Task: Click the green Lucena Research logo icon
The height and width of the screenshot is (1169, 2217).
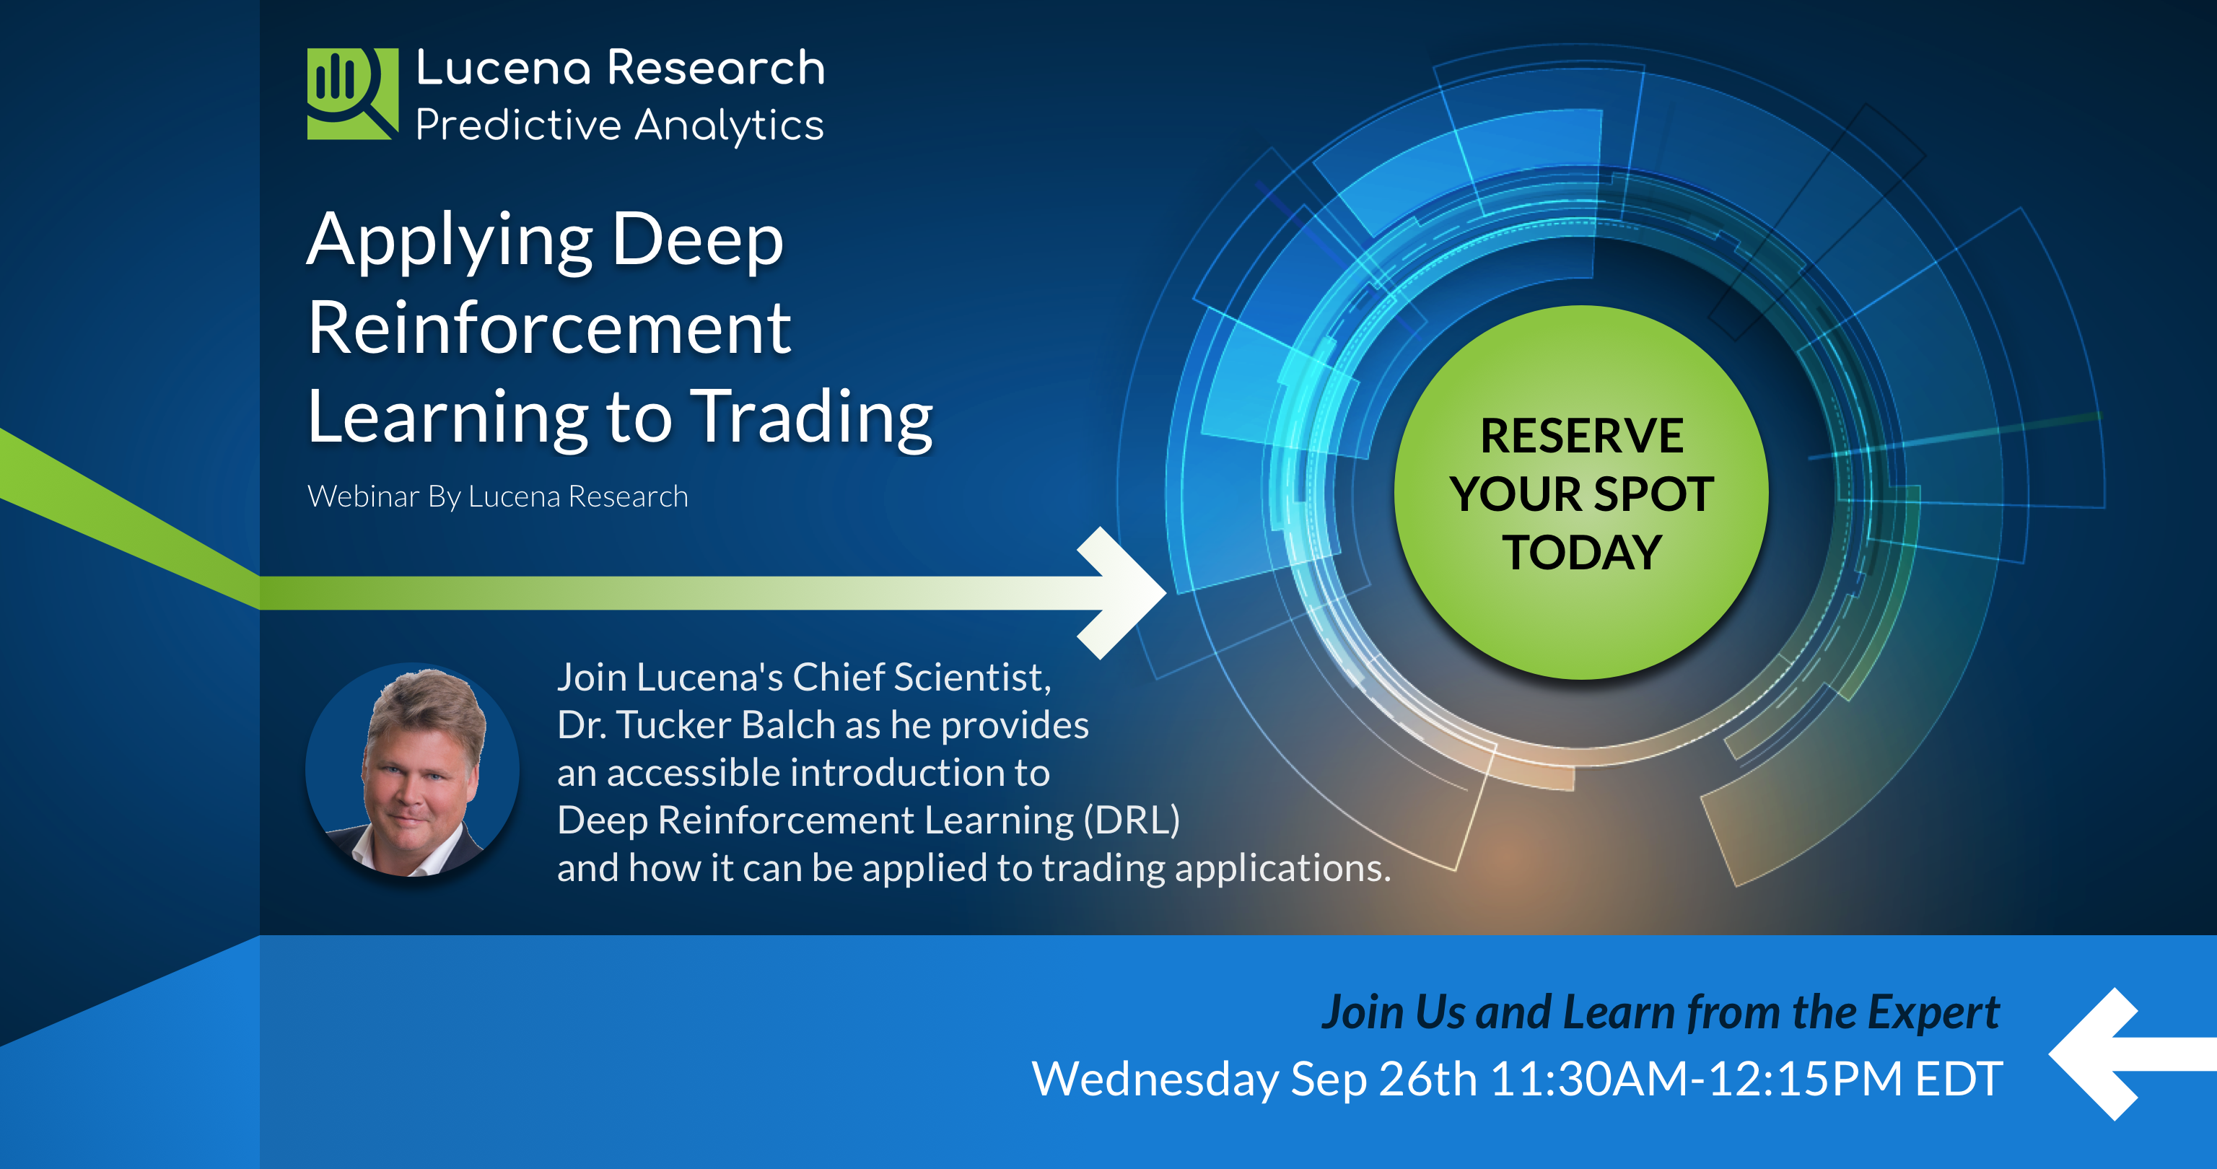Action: click(x=353, y=93)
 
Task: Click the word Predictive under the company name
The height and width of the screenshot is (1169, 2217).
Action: click(x=518, y=126)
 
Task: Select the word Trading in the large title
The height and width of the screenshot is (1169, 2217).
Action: click(x=813, y=419)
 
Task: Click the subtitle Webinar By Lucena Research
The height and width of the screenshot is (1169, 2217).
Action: click(x=497, y=496)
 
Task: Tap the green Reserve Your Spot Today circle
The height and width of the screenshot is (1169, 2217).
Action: click(x=1582, y=492)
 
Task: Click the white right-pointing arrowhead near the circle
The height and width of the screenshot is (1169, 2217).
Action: click(x=1121, y=592)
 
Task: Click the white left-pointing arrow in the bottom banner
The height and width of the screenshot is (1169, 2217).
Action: click(x=2133, y=1054)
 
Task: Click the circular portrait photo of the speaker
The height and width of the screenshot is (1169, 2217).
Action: click(x=412, y=769)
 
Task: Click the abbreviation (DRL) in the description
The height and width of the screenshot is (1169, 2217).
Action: click(x=1132, y=820)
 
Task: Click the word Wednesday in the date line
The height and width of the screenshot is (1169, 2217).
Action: click(x=1155, y=1080)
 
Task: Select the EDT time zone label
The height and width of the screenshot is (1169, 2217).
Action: click(x=1959, y=1078)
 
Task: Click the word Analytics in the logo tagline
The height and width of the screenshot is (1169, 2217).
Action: click(x=729, y=126)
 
